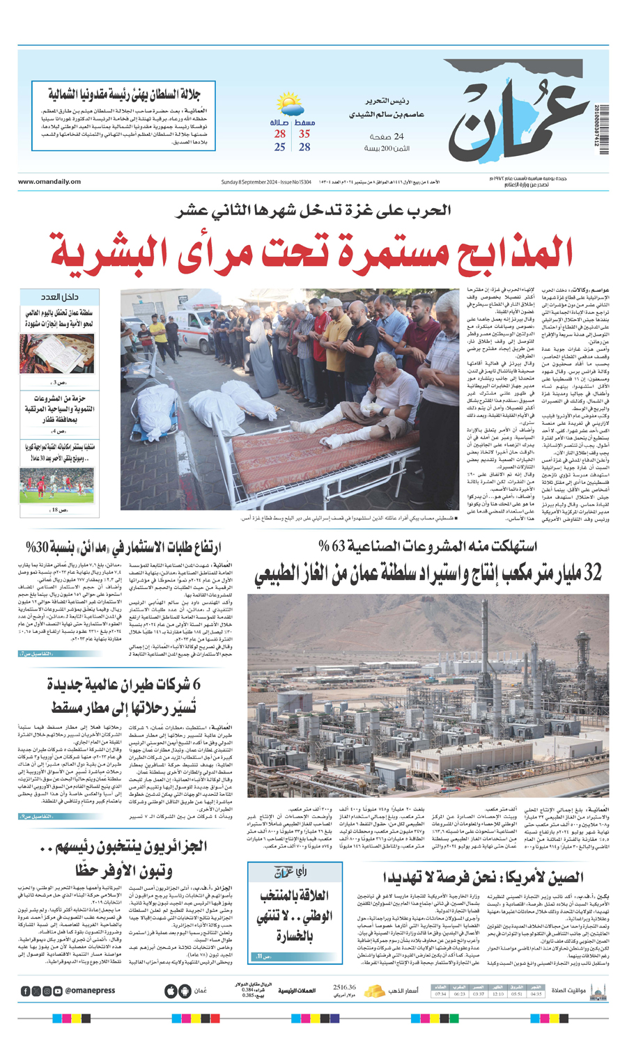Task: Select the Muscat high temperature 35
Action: [304, 134]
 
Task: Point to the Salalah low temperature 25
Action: [280, 147]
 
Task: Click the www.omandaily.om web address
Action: [49, 182]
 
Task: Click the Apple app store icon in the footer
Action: [171, 991]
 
